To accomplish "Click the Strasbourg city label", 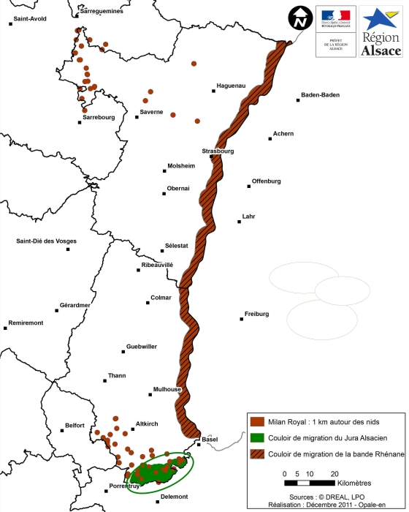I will tap(218, 151).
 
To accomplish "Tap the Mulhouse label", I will tap(167, 389).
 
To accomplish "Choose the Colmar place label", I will tap(160, 298).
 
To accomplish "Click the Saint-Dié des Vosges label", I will tap(47, 241).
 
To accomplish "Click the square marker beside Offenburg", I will tap(249, 187).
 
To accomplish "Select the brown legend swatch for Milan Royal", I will tap(256, 421).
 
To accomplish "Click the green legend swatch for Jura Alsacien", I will tap(256, 436).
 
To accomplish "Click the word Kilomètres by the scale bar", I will tap(358, 483).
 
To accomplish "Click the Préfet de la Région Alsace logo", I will tap(336, 31).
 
